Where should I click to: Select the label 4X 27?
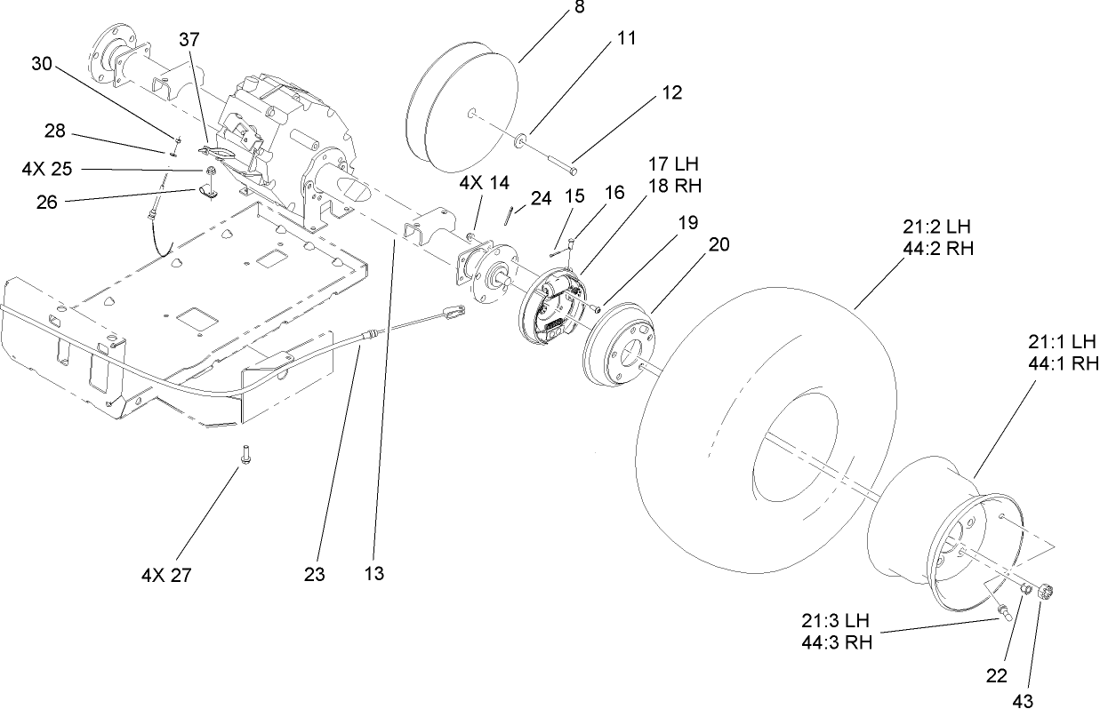166,575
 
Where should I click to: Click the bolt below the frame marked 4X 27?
243,454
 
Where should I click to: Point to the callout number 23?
314,574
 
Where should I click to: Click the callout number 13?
373,574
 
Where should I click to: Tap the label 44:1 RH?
1064,362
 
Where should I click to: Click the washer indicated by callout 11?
518,139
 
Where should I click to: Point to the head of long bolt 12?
574,169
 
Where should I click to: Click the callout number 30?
42,64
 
